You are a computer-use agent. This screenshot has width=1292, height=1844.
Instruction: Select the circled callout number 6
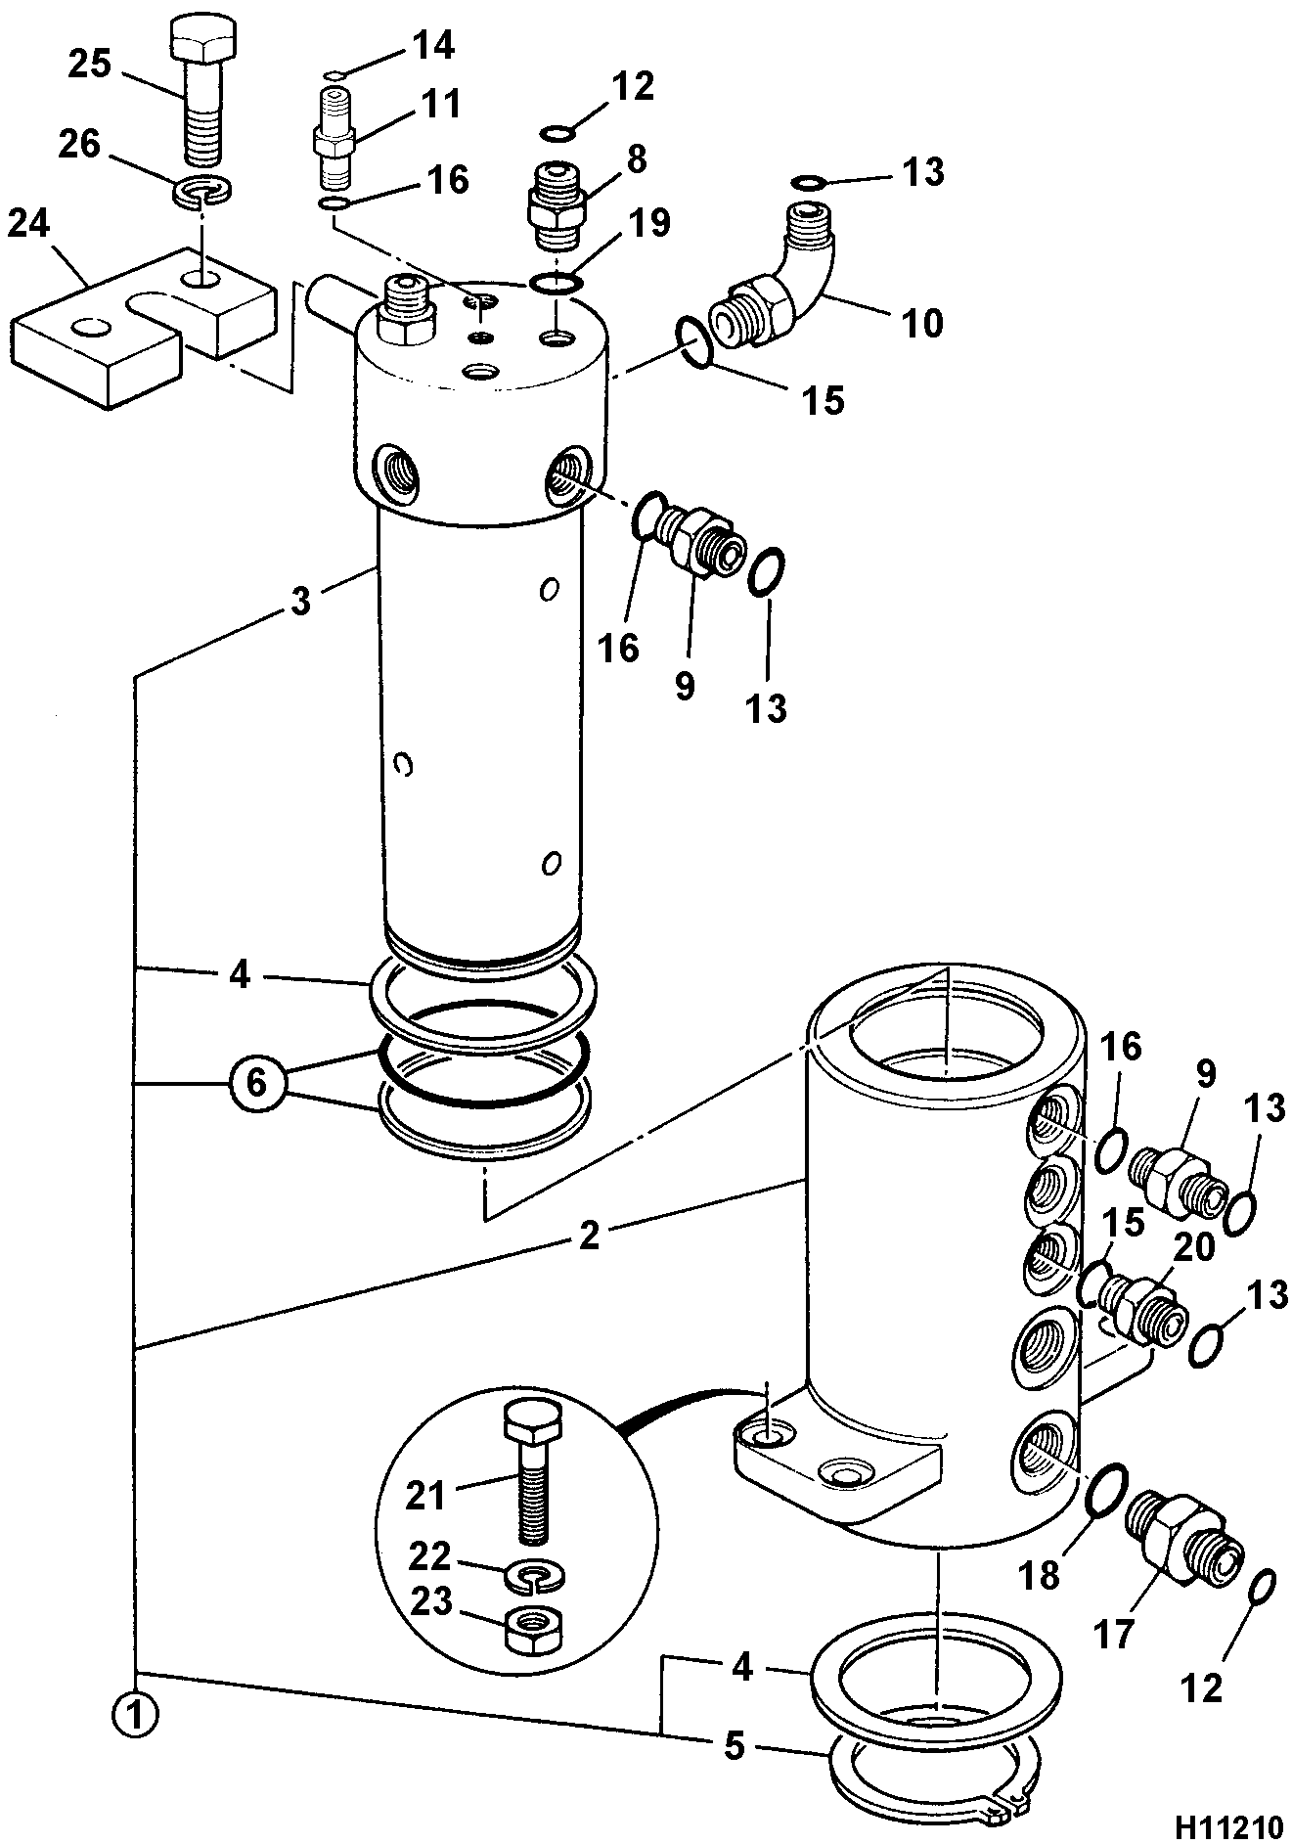[x=255, y=1087]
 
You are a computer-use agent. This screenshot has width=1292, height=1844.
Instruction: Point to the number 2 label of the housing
[x=589, y=1237]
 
